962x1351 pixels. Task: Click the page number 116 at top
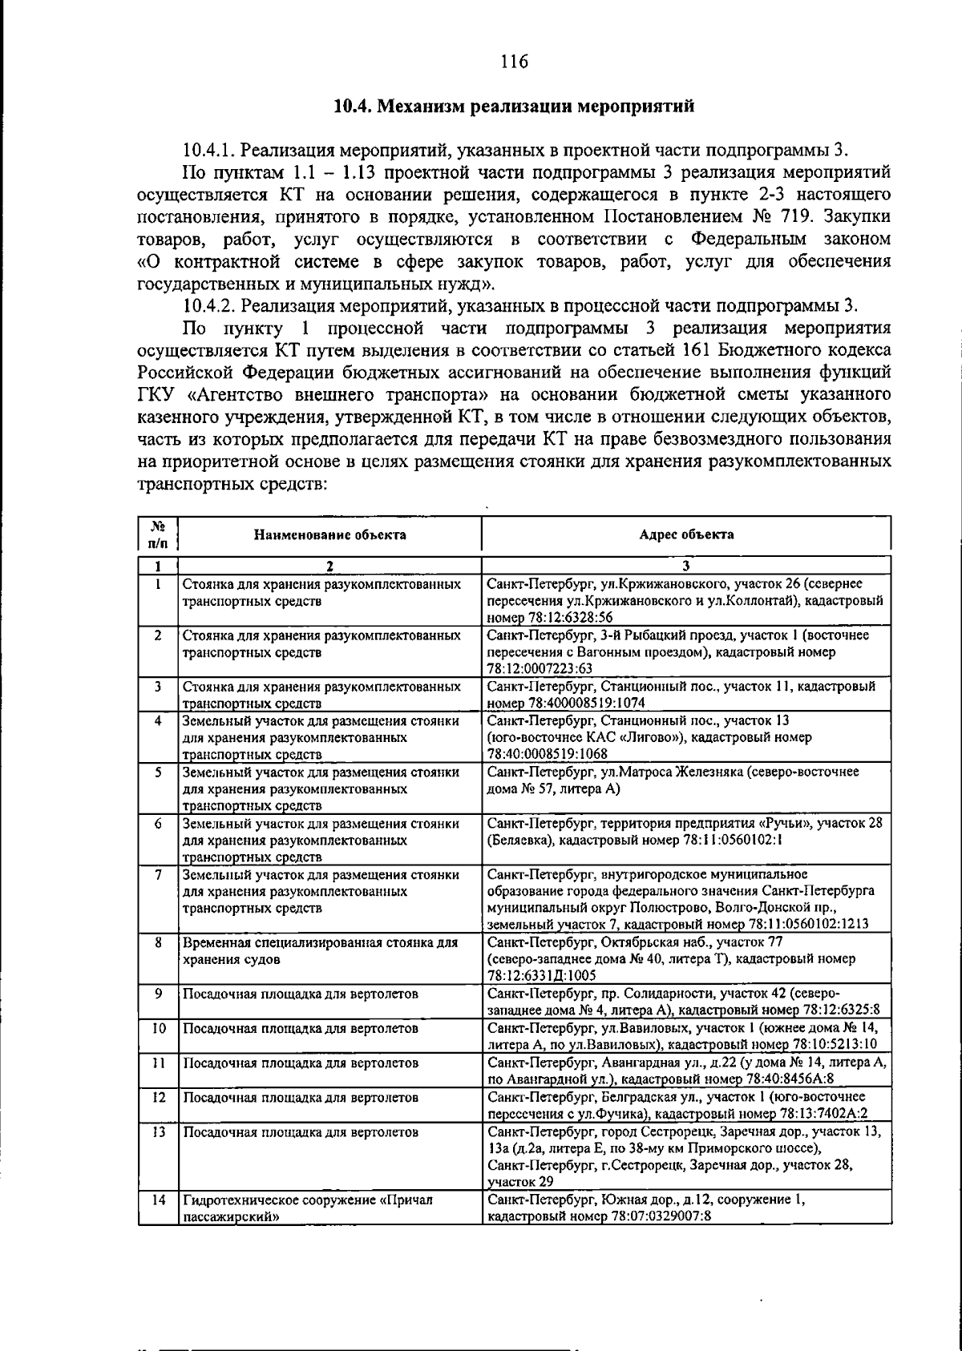[x=514, y=61]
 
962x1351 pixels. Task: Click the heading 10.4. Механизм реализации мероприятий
[x=513, y=107]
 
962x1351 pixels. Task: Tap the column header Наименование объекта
[x=329, y=534]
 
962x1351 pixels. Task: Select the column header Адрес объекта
[x=686, y=534]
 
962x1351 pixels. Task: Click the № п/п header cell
[x=158, y=534]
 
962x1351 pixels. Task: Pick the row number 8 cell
[x=159, y=942]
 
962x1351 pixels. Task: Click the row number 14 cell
[x=158, y=1200]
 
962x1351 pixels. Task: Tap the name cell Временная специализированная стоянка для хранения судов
[x=321, y=950]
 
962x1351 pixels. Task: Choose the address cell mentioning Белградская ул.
[x=685, y=1104]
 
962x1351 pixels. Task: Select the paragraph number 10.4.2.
[x=208, y=306]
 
